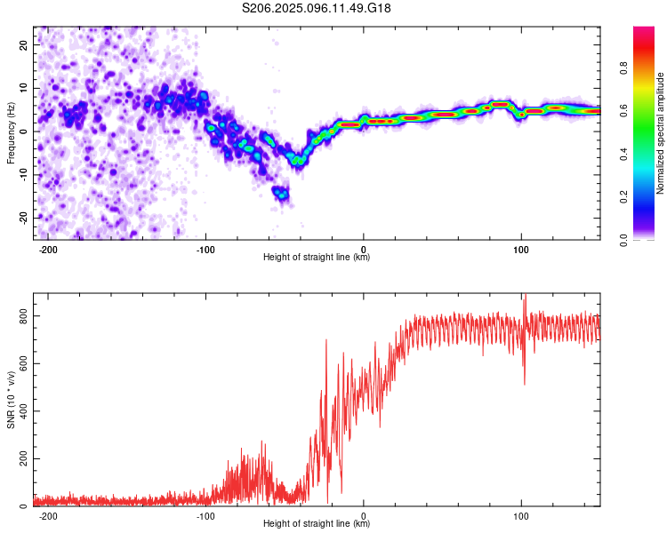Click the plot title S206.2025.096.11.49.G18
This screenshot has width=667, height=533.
coord(316,8)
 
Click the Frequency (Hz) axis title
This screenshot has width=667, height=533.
coord(11,133)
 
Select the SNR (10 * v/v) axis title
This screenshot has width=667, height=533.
coord(11,400)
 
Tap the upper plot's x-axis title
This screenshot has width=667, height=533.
coord(317,257)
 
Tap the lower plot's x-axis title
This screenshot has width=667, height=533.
coord(317,523)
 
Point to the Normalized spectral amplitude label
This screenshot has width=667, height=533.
coord(660,133)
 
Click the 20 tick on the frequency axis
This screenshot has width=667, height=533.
coord(23,45)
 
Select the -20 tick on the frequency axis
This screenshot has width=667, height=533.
coord(23,218)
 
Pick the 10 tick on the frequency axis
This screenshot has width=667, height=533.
coord(23,89)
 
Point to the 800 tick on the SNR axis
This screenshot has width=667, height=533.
coord(23,316)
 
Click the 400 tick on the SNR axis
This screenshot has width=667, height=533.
coord(23,411)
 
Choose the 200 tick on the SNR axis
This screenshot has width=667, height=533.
coord(23,459)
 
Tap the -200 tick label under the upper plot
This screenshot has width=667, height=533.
coord(48,250)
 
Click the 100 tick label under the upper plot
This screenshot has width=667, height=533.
coord(521,250)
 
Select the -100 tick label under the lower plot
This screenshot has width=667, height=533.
coord(205,516)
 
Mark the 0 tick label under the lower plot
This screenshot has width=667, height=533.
coord(363,516)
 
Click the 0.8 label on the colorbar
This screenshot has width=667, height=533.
coord(623,68)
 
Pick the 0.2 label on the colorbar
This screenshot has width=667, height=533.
coord(623,197)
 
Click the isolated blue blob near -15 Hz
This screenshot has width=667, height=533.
coord(281,194)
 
